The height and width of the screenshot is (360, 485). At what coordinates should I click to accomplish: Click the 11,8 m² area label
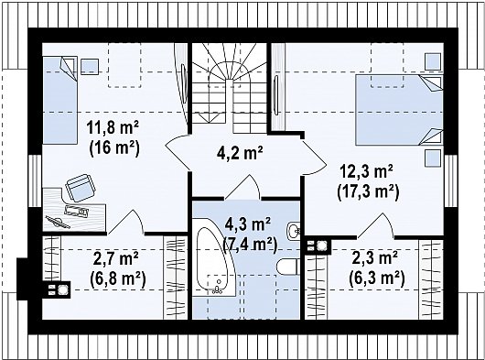[x=113, y=127]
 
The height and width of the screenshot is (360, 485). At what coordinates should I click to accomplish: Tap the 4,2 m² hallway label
[x=240, y=153]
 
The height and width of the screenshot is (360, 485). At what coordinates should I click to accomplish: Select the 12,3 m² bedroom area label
[x=367, y=171]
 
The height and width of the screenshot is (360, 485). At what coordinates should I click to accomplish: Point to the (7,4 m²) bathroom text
[x=249, y=243]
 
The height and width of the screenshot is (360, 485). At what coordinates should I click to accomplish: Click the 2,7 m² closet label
[x=115, y=259]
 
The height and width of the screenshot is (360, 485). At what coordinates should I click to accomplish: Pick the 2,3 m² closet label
[x=375, y=258]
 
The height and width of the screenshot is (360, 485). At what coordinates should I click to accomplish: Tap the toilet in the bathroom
[x=287, y=267]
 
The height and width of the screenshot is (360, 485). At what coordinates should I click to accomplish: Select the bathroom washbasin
[x=293, y=231]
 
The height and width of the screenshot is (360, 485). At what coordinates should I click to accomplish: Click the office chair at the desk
[x=81, y=188]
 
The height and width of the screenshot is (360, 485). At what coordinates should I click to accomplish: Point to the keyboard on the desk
[x=76, y=210]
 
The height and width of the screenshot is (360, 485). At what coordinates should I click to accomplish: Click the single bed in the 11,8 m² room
[x=59, y=100]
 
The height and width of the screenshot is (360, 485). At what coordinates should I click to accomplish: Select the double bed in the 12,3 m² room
[x=399, y=110]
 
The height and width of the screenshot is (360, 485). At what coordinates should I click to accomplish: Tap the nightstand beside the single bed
[x=90, y=66]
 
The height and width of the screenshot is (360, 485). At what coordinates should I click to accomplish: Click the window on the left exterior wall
[x=35, y=180]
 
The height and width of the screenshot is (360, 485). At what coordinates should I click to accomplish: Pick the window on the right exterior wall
[x=450, y=180]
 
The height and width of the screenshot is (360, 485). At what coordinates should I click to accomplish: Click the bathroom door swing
[x=242, y=187]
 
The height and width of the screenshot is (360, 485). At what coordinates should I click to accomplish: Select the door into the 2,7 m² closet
[x=125, y=222]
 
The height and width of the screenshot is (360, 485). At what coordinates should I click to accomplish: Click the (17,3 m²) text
[x=368, y=191]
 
